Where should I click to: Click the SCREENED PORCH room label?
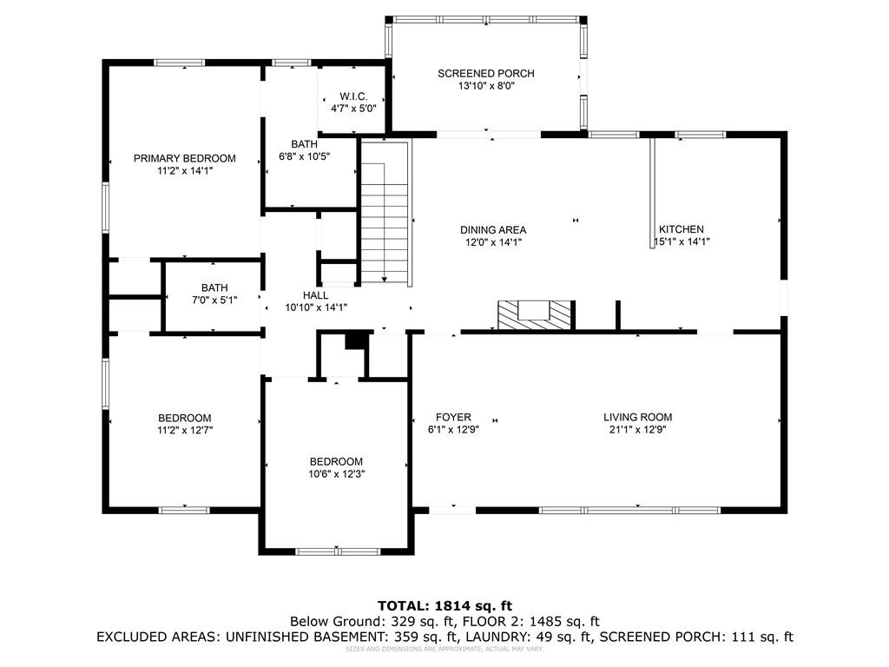tap(485, 74)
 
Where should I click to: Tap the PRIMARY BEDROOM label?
tap(184, 158)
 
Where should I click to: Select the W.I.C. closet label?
tap(353, 96)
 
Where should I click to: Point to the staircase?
tap(384, 213)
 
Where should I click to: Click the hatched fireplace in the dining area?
tap(535, 314)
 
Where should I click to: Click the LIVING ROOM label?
tap(637, 417)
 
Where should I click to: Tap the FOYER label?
tap(453, 417)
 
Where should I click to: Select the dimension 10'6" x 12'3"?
tap(336, 474)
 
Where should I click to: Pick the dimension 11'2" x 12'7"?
tap(184, 430)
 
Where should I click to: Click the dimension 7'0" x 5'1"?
tap(214, 300)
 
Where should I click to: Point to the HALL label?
tap(315, 295)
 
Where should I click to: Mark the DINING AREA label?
tap(493, 230)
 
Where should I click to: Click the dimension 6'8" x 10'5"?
tap(304, 156)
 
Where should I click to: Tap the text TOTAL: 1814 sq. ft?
tap(444, 605)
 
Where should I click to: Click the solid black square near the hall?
tap(354, 340)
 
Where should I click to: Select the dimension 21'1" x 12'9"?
tap(637, 429)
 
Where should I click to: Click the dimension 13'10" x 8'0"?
tap(485, 86)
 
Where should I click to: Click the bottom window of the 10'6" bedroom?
tap(338, 551)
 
